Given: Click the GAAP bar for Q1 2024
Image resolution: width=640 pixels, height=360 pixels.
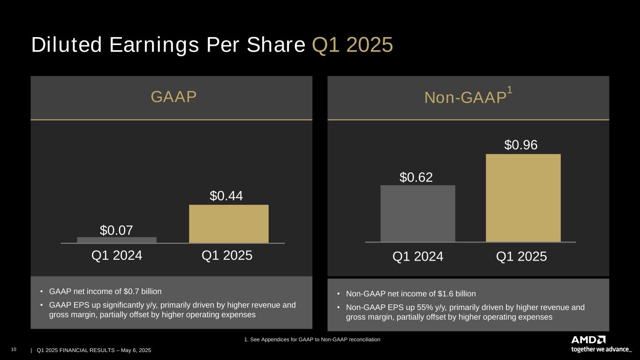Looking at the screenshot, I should click(117, 240).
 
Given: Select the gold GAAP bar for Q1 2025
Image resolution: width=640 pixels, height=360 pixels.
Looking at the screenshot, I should click(229, 224).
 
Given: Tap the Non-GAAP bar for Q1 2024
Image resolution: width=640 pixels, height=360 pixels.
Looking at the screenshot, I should click(418, 213).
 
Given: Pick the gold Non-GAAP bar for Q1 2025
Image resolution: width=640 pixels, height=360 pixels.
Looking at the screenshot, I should click(523, 198).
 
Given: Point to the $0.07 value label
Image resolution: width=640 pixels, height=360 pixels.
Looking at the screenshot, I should click(116, 230).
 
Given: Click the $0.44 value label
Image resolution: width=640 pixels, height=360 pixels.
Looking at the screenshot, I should click(226, 196).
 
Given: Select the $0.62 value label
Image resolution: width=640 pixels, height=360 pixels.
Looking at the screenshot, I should click(416, 177).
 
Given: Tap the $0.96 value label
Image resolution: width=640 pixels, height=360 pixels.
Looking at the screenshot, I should click(521, 146).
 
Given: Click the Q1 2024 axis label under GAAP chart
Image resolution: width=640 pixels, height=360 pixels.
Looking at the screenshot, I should click(117, 255).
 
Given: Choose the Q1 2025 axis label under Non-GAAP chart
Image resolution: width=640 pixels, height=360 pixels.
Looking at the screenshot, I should click(521, 256).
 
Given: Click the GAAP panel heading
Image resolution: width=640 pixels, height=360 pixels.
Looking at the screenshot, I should click(173, 97).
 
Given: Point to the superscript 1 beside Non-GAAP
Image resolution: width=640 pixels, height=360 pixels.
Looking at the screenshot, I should click(509, 91).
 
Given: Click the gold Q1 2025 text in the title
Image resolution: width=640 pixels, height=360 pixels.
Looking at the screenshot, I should click(352, 45).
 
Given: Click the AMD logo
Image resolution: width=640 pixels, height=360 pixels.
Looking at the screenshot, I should click(588, 339).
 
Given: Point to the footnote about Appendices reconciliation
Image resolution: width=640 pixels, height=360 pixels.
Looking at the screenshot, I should click(312, 339).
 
